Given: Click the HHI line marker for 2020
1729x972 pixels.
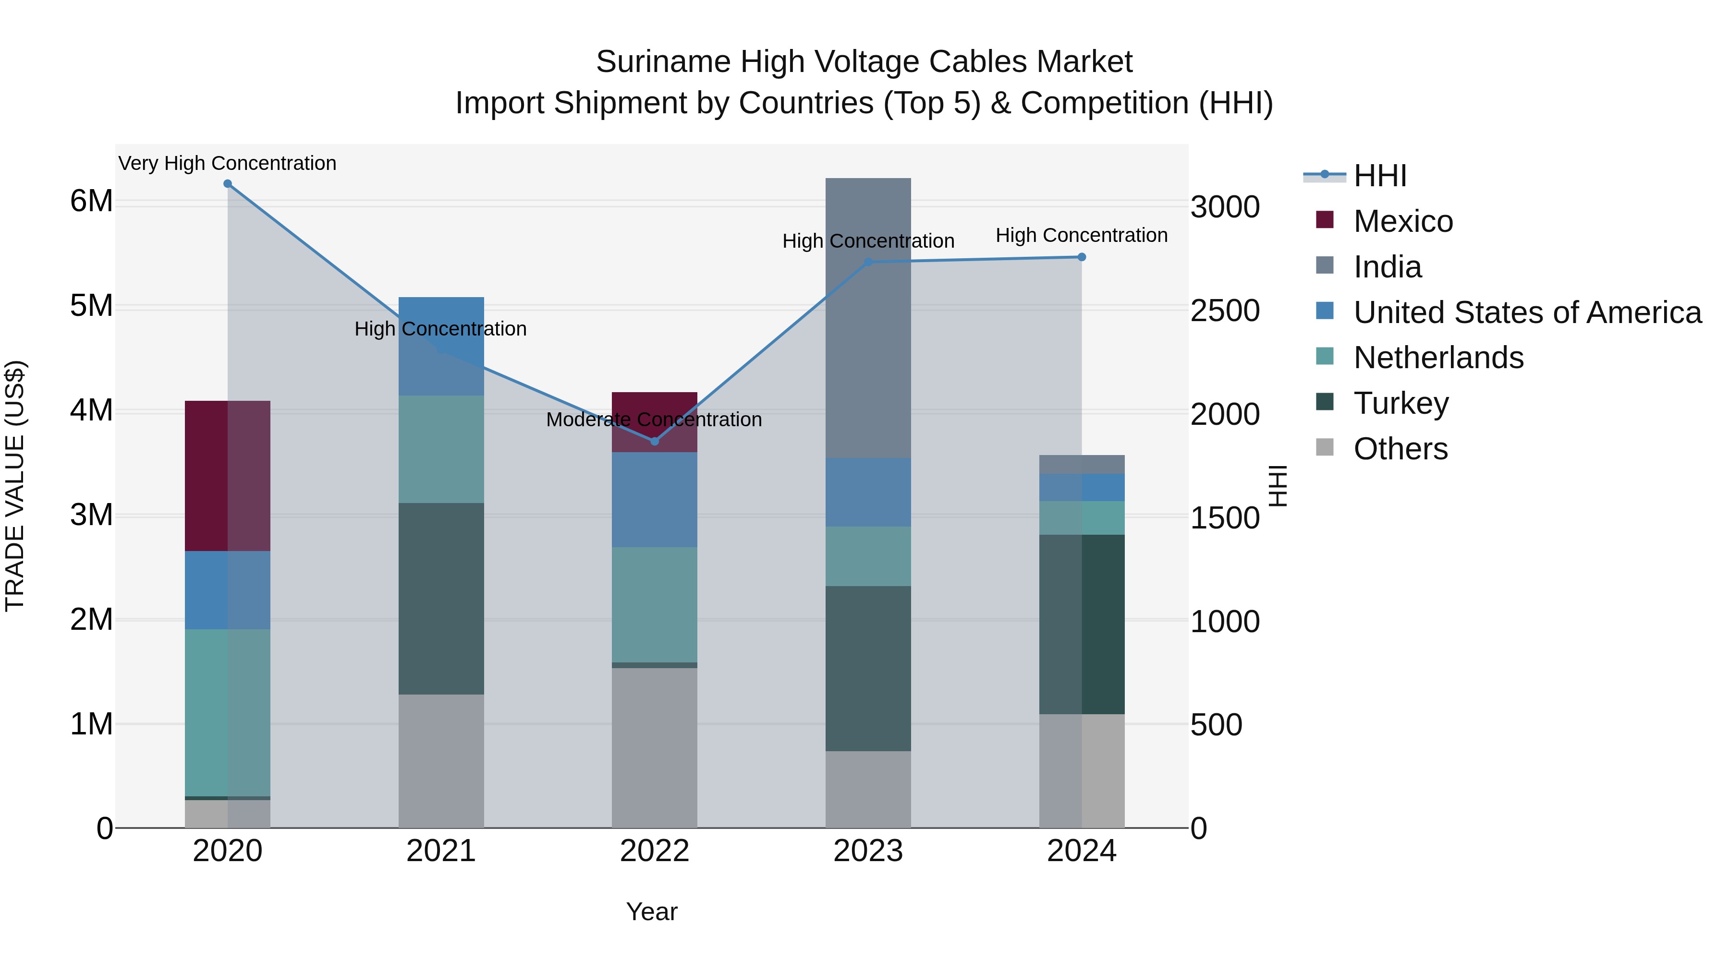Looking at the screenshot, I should click(x=228, y=184).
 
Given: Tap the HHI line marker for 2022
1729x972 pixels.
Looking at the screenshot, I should click(x=655, y=442).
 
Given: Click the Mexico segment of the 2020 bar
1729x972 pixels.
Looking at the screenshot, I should click(x=228, y=476).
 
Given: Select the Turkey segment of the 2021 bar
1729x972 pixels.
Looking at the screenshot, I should click(x=441, y=599).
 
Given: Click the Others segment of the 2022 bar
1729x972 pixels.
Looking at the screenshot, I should click(x=655, y=747).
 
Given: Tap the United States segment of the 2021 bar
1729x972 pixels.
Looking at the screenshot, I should click(x=441, y=346).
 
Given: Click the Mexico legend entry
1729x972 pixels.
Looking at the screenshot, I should click(x=1403, y=221).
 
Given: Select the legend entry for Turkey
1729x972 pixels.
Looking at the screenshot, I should click(x=1401, y=403).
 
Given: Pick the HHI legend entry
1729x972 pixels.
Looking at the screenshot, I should click(x=1379, y=176).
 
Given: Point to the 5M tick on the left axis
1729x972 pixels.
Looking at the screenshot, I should click(x=91, y=306).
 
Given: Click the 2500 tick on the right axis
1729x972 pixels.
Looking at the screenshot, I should click(x=1225, y=311).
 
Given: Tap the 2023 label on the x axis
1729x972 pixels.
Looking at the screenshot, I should click(x=868, y=851).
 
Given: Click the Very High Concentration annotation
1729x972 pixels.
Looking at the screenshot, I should click(x=228, y=163).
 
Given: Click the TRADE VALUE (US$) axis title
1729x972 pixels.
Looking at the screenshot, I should click(x=15, y=486).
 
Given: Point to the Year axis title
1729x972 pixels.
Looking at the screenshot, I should click(x=652, y=912).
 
